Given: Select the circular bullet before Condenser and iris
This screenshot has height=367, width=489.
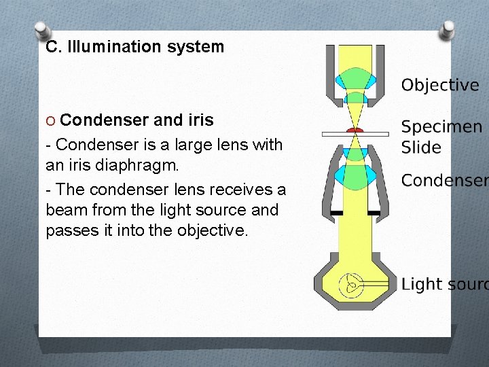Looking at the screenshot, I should (51, 120).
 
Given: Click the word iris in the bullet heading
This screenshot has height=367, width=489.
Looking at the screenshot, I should (201, 120).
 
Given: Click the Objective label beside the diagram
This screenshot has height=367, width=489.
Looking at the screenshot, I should (440, 85).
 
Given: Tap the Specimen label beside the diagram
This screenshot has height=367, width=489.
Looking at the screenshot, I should (441, 127).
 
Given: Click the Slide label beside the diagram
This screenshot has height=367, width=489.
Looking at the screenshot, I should (421, 147).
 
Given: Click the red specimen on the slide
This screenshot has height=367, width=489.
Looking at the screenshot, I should (355, 129).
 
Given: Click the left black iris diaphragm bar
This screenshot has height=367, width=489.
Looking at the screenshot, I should (337, 213).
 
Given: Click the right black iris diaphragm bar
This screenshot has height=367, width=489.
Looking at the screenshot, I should (374, 213).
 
